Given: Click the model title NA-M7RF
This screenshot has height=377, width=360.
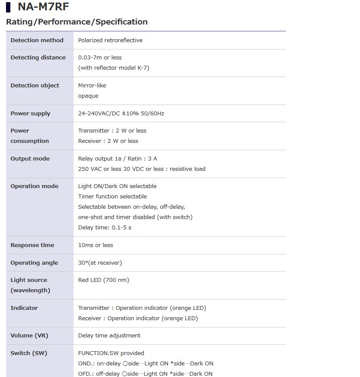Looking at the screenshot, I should pos(43,7).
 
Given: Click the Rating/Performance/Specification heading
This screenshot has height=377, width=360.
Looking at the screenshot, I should pos(77,22).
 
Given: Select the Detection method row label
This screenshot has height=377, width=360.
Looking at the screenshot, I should pos(37,40).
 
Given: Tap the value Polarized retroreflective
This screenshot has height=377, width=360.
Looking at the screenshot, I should pos(110,40).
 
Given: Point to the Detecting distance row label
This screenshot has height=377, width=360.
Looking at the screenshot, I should pos(38,58).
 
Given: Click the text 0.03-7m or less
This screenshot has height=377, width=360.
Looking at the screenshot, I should pos(100,58).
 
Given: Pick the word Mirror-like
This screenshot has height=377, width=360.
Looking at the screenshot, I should pos(92,86).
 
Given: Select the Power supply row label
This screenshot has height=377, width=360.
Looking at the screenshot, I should pos(31,114).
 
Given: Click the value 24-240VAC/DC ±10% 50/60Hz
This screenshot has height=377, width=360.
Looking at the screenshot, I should pos(121,114).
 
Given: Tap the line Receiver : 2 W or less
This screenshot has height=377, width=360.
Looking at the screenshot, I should pos(108,141).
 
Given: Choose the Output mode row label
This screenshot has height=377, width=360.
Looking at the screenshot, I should pos(30,159).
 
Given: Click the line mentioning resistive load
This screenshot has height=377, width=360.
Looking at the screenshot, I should pos(142,169).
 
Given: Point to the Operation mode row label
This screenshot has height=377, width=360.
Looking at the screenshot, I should pos(34,186).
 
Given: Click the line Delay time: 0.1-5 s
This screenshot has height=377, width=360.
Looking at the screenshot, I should pos(105,228).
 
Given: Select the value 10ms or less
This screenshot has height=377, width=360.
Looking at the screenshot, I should pos(96,245).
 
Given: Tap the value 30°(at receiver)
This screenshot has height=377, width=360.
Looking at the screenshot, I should pos(100,263).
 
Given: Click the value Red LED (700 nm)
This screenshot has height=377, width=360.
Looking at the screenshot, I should pos(104,280).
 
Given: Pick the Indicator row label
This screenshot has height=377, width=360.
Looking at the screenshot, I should pos(24,308).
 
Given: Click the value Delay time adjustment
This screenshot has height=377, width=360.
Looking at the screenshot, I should pos(109,336).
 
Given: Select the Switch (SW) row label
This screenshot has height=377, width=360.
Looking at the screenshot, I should pos(29,353).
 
